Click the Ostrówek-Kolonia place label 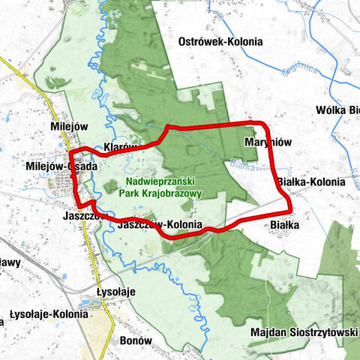point(220,43)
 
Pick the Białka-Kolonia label point(311,182)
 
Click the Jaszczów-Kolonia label point(160,224)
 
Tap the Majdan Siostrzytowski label point(304,331)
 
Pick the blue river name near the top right point(298,76)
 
